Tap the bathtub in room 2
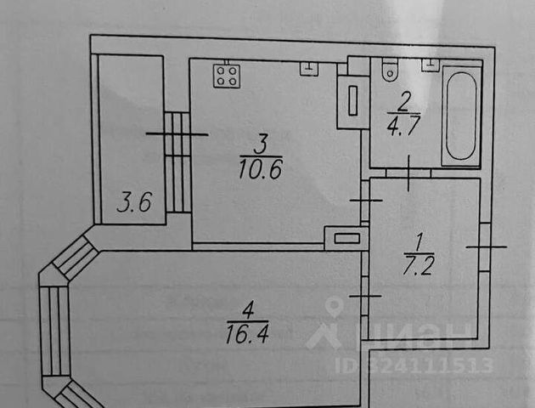click(x=460, y=116)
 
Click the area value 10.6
click(x=261, y=167)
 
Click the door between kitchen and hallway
click(x=365, y=201)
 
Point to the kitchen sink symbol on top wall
click(x=307, y=68)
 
